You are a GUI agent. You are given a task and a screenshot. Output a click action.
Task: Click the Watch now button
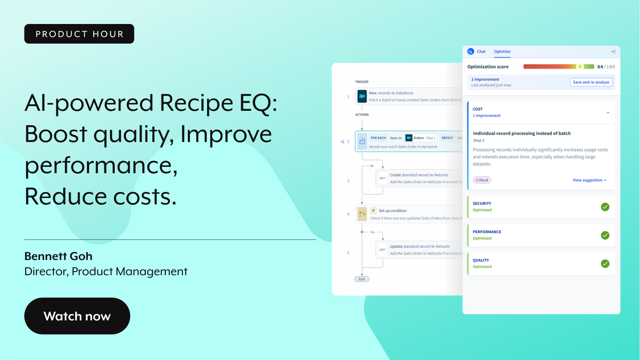tap(77, 316)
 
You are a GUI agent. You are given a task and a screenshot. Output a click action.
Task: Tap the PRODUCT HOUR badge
tap(79, 34)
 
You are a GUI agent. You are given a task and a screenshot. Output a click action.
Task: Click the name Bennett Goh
tap(58, 256)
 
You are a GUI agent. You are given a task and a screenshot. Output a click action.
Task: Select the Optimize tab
tap(502, 52)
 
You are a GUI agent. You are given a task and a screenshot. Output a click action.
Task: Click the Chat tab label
tap(481, 52)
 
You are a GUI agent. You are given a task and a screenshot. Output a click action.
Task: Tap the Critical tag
tap(482, 180)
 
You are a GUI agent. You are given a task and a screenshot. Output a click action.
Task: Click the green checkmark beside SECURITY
tap(605, 207)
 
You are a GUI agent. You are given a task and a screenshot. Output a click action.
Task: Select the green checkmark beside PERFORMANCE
tap(605, 235)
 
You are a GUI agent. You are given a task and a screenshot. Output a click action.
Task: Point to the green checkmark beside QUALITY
tap(605, 264)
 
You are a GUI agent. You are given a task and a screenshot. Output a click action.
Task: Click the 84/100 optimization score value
tap(606, 67)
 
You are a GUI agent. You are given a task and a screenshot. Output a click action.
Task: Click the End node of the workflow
tap(362, 279)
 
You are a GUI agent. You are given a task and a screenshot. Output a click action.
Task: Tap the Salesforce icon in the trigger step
tap(362, 96)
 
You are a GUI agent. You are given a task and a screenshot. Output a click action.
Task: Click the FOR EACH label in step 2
tap(378, 138)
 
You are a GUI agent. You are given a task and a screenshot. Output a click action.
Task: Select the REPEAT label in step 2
tap(447, 138)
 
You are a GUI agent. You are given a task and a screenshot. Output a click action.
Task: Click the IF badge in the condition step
tap(373, 211)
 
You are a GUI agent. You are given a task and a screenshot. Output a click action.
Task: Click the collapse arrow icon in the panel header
tap(613, 52)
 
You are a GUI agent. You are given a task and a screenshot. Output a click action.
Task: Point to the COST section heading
tap(478, 109)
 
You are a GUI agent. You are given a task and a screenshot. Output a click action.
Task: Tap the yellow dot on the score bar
tap(580, 67)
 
